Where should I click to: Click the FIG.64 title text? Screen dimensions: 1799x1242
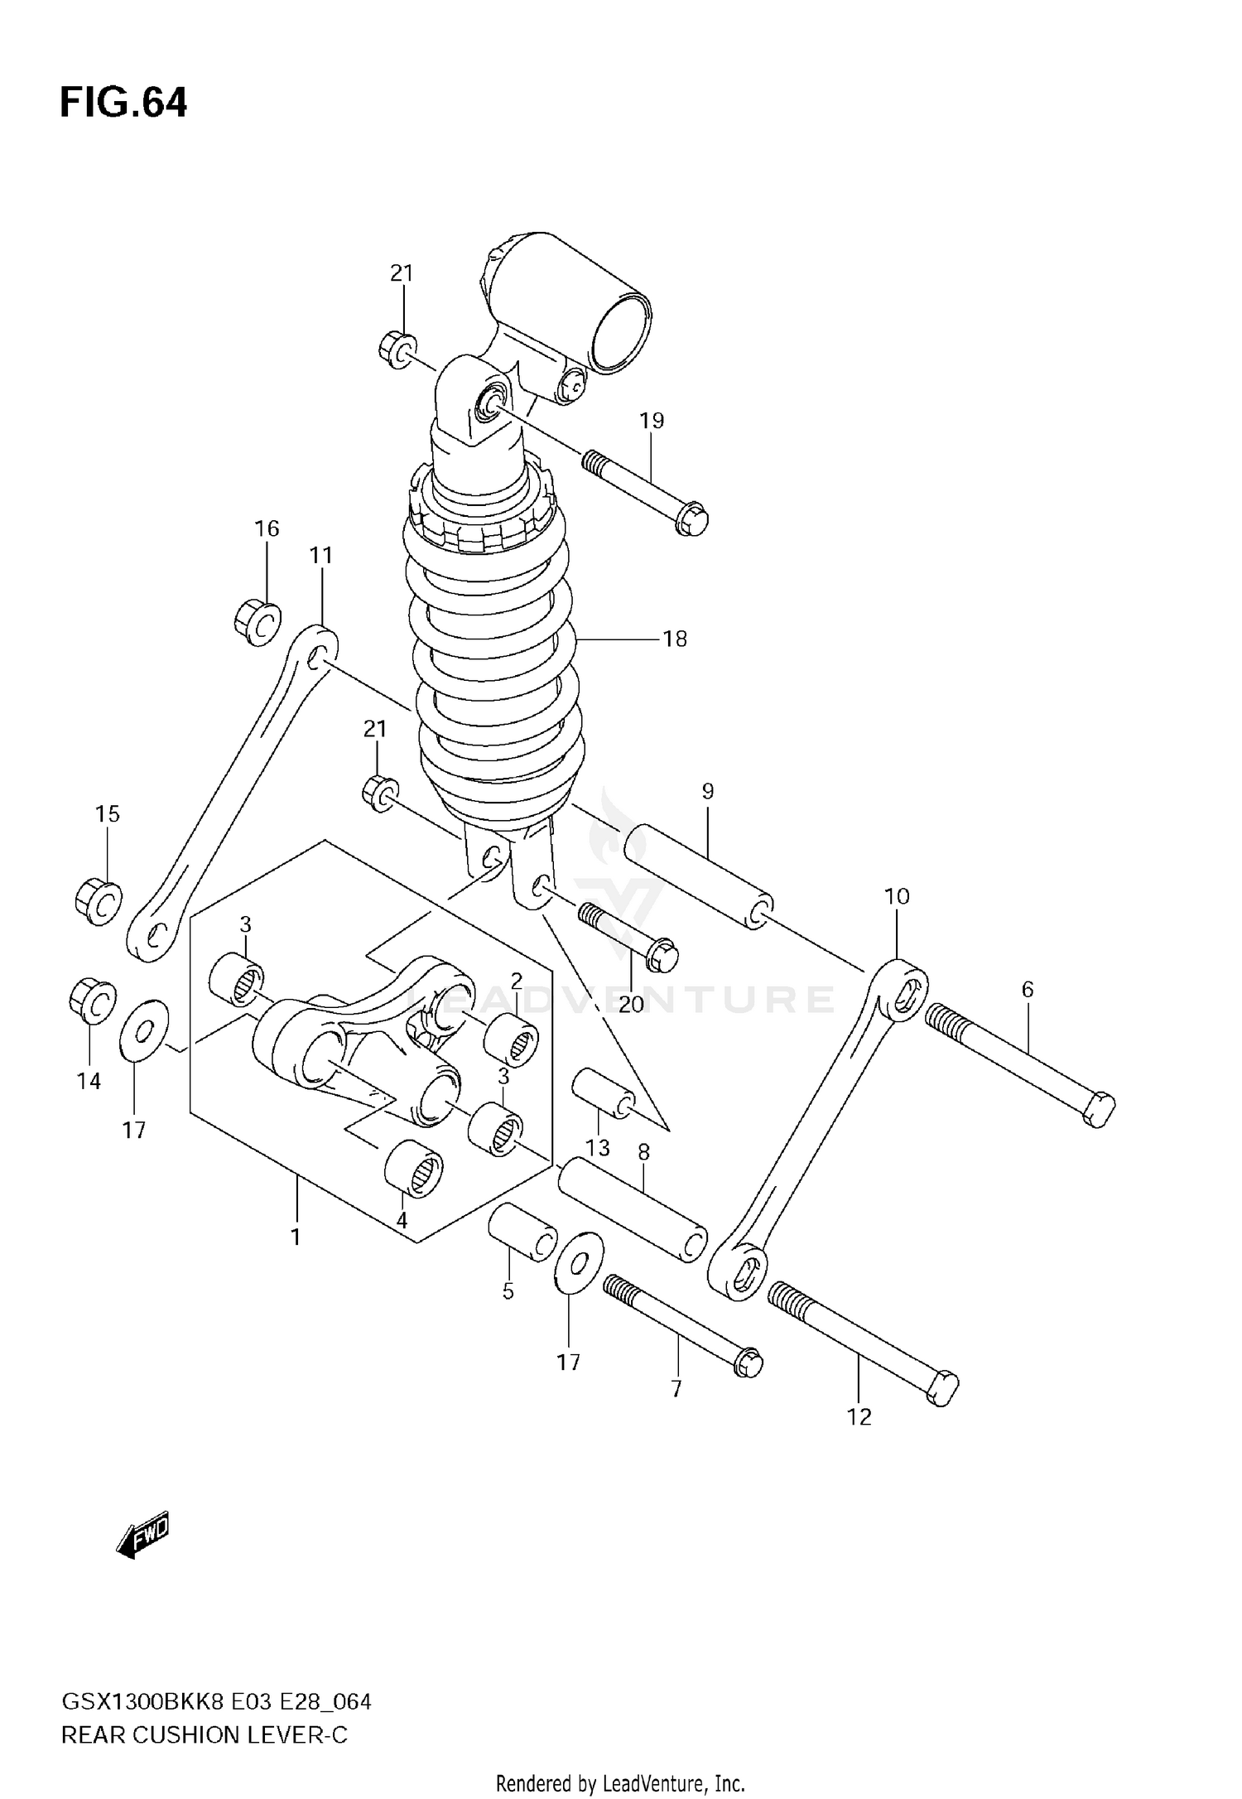coord(123,104)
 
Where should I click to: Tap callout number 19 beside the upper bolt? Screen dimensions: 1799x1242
coord(652,421)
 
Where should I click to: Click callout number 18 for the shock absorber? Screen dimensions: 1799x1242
coord(675,639)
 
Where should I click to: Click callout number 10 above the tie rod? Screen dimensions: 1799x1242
coord(897,896)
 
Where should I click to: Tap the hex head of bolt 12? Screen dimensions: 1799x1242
coord(941,1387)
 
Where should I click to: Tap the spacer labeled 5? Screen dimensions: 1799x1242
coord(522,1233)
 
